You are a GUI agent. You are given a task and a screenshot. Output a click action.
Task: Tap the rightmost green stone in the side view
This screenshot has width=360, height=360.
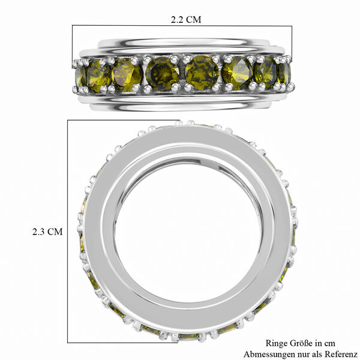click(284, 73)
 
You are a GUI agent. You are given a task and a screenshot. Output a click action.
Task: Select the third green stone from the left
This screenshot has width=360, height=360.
click(127, 74)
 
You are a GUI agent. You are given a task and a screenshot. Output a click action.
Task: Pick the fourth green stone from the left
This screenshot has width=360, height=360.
click(163, 73)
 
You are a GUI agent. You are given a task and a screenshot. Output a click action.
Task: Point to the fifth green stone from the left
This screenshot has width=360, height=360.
click(202, 73)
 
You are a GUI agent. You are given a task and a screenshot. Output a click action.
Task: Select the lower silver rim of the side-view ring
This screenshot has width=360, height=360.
click(180, 103)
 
